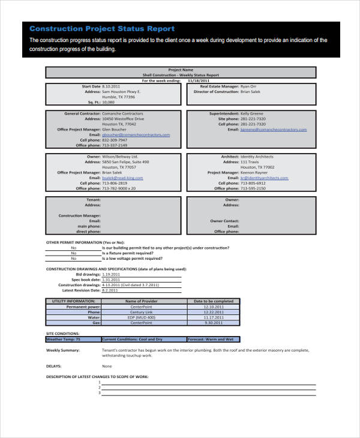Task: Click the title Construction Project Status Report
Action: [x=102, y=29]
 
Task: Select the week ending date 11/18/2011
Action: [x=199, y=80]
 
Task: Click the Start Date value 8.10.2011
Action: [x=112, y=86]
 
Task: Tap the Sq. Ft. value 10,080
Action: [x=109, y=103]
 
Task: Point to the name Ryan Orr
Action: [x=248, y=86]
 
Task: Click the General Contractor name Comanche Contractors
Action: [x=122, y=113]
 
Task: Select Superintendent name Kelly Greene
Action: [x=251, y=113]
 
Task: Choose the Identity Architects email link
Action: [x=264, y=178]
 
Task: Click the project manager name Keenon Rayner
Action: [x=255, y=173]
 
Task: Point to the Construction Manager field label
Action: [x=79, y=215]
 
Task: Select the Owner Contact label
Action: [x=224, y=221]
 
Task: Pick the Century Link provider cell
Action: [x=141, y=312]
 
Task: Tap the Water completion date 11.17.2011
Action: [x=213, y=317]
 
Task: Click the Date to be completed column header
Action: [x=213, y=301]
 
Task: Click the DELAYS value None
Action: [x=107, y=365]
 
